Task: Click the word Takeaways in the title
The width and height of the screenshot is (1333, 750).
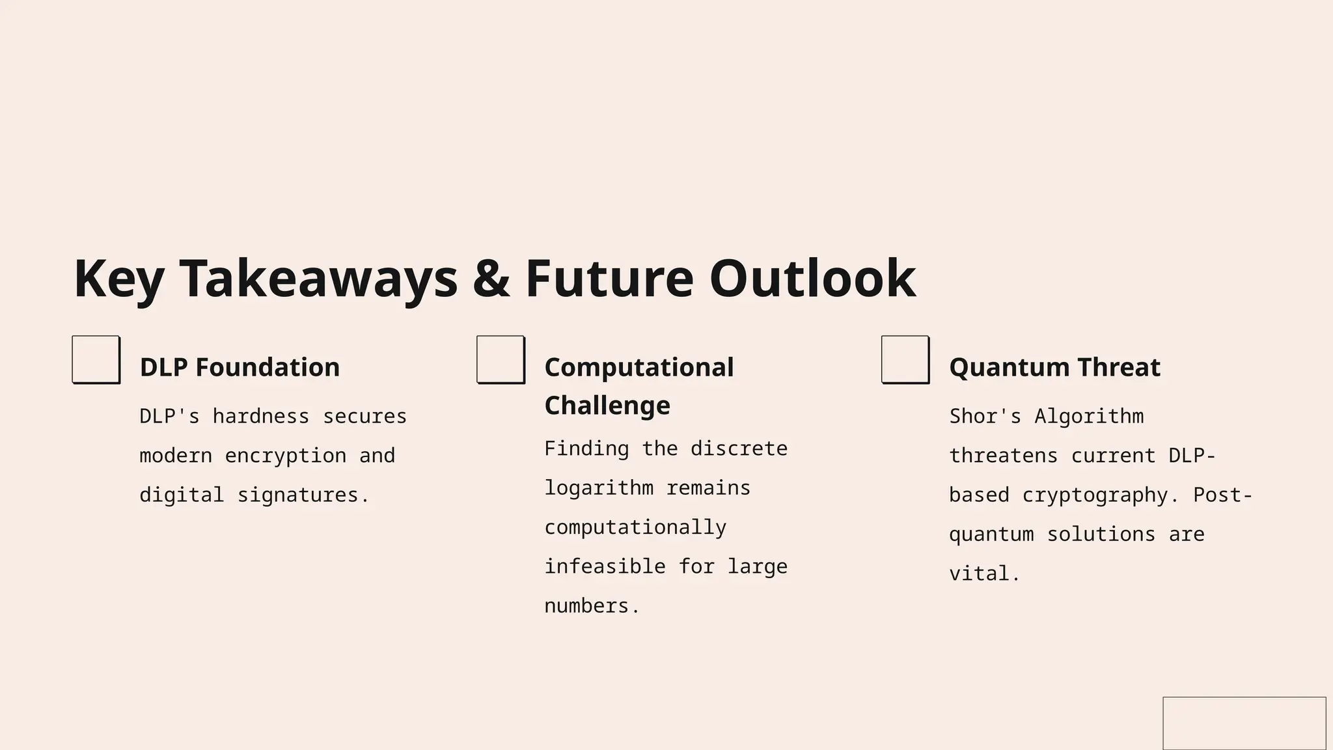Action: coord(318,279)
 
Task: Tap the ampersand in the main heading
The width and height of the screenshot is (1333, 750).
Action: coord(491,279)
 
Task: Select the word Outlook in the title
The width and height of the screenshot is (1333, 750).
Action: coord(812,279)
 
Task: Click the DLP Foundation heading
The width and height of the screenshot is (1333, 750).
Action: coord(240,367)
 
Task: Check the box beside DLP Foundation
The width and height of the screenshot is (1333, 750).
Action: coord(96,359)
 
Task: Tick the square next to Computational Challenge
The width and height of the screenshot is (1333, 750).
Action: coord(501,359)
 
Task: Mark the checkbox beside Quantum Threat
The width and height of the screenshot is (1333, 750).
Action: coord(905,359)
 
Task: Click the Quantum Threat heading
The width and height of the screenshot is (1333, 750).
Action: coord(1054,367)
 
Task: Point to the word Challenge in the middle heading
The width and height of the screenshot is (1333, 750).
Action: coord(607,406)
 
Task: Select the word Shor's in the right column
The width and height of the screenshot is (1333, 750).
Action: coord(985,416)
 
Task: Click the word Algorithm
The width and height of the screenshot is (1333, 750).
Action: coord(1089,416)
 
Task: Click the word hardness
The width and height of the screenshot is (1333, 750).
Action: coord(261,416)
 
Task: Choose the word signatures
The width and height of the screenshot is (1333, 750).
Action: coord(297,495)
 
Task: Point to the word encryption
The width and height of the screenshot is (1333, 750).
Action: coord(286,456)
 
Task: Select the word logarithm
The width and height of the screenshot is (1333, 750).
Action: coord(599,488)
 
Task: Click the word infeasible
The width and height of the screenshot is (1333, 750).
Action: coord(605,566)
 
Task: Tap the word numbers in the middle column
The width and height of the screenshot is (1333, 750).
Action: coord(586,606)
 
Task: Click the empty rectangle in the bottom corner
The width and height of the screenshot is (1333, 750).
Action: coord(1244,723)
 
